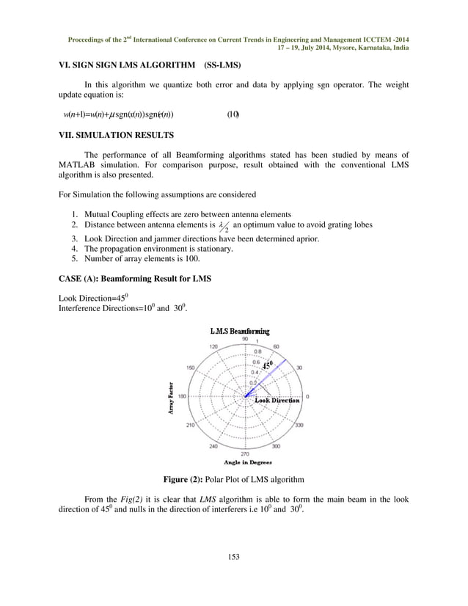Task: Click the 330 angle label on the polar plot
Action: [299, 425]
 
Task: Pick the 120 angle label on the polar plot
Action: [213, 346]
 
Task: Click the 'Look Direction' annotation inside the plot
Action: [277, 401]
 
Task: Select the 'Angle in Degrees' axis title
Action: [248, 462]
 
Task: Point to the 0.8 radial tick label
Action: [257, 351]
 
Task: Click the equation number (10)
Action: [233, 114]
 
